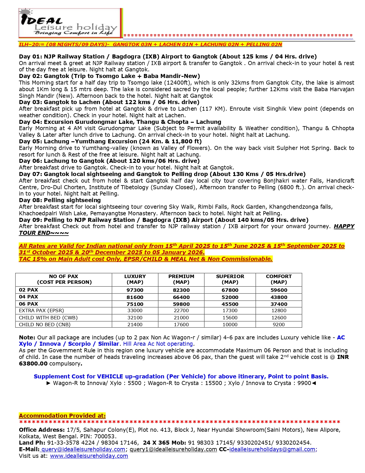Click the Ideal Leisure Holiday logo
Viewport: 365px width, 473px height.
pyautogui.click(x=70, y=23)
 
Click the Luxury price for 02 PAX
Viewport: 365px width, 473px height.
pyautogui.click(x=135, y=290)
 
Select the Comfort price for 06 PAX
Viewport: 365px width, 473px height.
pyautogui.click(x=279, y=304)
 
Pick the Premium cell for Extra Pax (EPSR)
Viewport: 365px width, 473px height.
pyautogui.click(x=181, y=310)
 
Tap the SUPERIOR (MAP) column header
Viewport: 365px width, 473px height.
pyautogui.click(x=230, y=279)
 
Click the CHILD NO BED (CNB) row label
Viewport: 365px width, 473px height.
pyautogui.click(x=45, y=325)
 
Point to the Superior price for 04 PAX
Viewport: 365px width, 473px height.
pyautogui.click(x=230, y=297)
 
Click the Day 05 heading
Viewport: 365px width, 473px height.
pyautogui.click(x=110, y=141)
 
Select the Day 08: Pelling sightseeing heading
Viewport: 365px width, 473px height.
pyautogui.click(x=60, y=200)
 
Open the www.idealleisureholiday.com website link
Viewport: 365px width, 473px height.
pyautogui.click(x=89, y=456)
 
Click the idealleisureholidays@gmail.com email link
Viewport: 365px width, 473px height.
pyautogui.click(x=272, y=449)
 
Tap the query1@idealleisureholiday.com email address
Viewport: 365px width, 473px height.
pyautogui.click(x=173, y=449)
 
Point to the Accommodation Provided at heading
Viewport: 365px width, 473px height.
pyautogui.click(x=62, y=416)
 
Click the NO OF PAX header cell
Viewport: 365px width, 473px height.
pyautogui.click(x=64, y=279)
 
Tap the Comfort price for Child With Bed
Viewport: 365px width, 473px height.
pyautogui.click(x=279, y=318)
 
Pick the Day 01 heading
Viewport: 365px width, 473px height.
pyautogui.click(x=167, y=56)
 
